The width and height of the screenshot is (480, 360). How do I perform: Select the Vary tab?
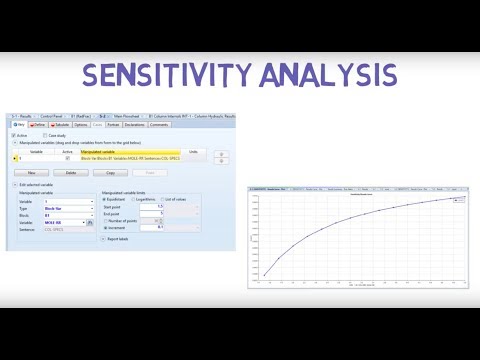click(x=18, y=125)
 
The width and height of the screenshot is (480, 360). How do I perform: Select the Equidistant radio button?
click(x=105, y=199)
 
